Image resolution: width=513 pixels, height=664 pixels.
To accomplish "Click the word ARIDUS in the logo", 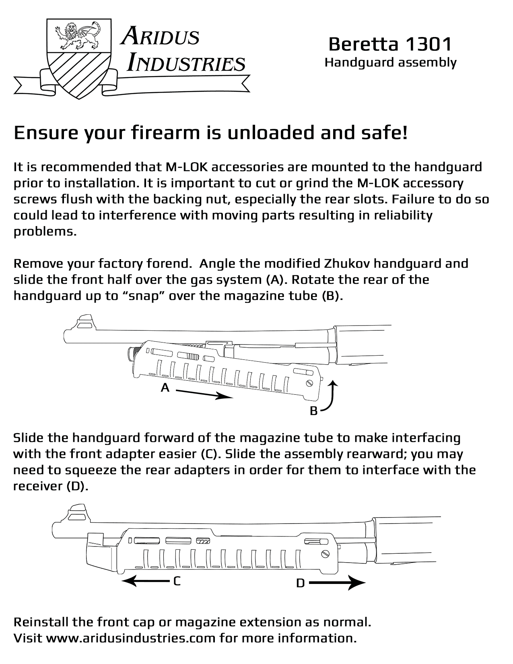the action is click(161, 36).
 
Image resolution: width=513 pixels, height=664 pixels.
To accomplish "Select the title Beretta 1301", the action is click(390, 44).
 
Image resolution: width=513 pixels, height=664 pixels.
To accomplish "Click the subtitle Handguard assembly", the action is click(390, 63).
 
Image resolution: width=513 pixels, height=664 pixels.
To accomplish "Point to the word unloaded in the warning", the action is click(271, 133).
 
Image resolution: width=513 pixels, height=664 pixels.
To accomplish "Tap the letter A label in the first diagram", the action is click(165, 388).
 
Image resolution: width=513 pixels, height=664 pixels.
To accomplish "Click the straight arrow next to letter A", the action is click(204, 394).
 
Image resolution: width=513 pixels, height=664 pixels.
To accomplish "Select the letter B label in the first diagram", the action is click(314, 411).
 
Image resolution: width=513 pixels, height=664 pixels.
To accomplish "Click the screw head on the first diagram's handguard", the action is click(310, 383).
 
